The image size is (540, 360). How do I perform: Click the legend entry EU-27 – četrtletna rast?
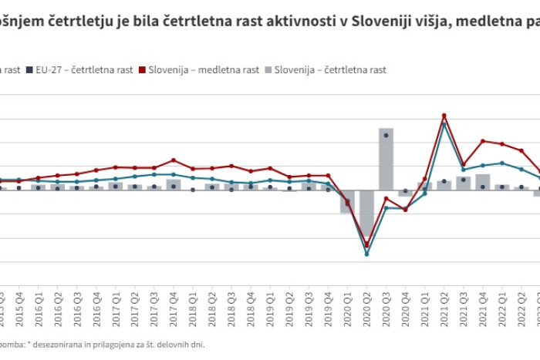(77, 69)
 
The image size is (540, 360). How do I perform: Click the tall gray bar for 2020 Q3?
(386, 159)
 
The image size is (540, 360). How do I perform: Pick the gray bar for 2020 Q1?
(347, 202)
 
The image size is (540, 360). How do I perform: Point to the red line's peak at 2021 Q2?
(444, 116)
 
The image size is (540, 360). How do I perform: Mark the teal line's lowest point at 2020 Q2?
(366, 254)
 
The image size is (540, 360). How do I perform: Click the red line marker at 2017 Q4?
(174, 160)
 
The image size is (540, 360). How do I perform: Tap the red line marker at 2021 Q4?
(482, 141)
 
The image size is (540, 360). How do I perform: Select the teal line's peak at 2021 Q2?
(444, 124)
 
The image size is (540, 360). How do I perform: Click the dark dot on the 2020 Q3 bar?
(386, 135)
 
